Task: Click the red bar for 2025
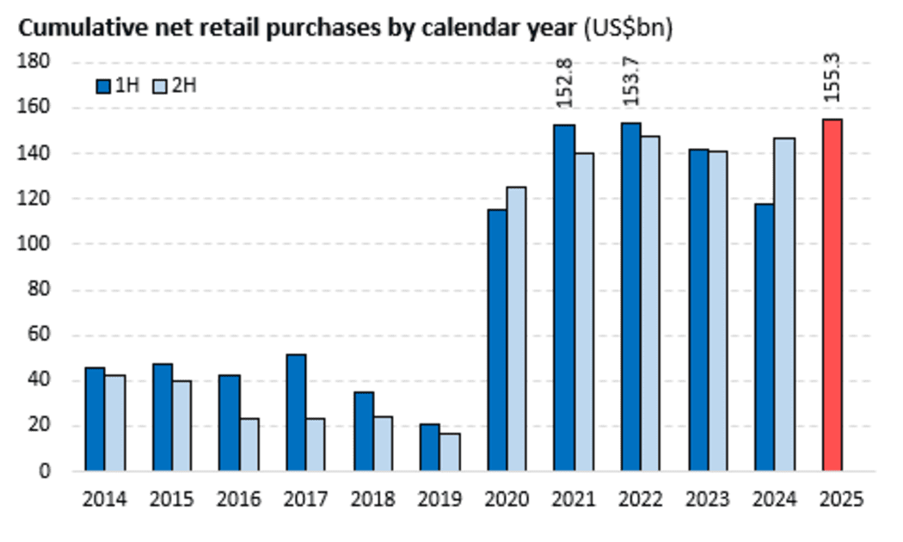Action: click(x=832, y=295)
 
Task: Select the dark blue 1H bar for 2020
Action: click(x=497, y=340)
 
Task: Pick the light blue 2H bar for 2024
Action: click(x=784, y=305)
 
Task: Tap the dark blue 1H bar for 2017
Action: click(x=296, y=412)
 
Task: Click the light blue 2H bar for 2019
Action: click(x=450, y=452)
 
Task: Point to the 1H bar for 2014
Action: click(x=95, y=419)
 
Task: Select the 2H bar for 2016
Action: click(x=249, y=444)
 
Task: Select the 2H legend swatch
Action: click(x=160, y=86)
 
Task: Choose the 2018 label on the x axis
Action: click(x=373, y=499)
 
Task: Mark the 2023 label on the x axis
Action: click(x=708, y=499)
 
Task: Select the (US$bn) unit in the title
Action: click(x=629, y=28)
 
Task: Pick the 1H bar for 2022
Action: click(x=631, y=297)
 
